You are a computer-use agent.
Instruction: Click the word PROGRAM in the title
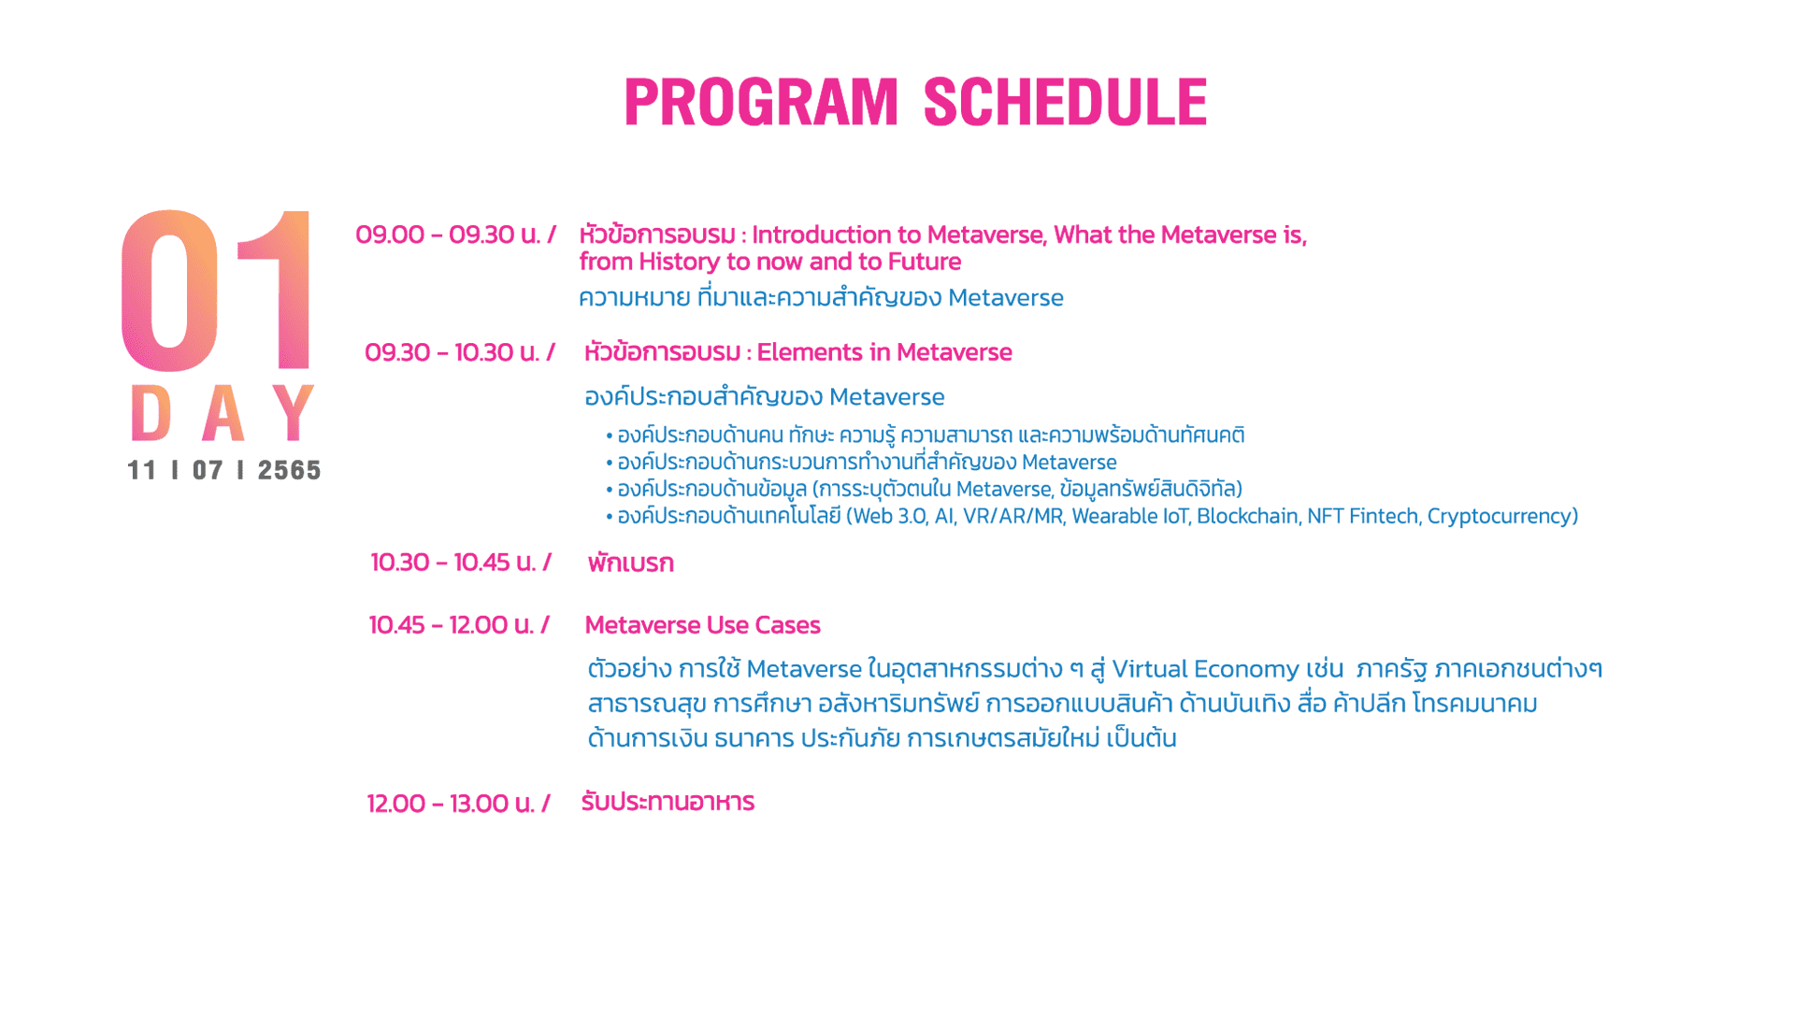pos(761,102)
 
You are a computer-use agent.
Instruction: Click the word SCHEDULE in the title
pos(1066,102)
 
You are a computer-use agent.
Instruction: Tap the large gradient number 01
pos(216,290)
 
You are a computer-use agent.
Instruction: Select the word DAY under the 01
pos(223,412)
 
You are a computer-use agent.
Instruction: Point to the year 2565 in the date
pos(289,470)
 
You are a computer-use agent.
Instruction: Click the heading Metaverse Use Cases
pos(702,624)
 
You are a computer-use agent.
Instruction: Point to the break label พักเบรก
pos(630,563)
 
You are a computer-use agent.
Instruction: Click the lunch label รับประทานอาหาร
pos(668,802)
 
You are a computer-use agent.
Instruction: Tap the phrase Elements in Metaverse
pos(884,352)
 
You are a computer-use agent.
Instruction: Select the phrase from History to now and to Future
pos(770,262)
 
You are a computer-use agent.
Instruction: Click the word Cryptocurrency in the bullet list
pos(1502,516)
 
